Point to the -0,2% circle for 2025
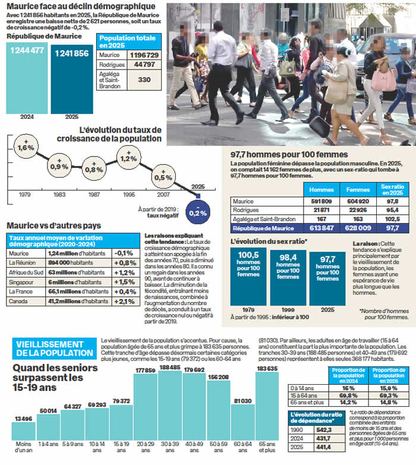(198, 212)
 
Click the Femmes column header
(358, 190)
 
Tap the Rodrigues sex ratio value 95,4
(392, 210)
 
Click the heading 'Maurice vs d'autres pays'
(53, 226)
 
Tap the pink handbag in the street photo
(383, 79)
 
